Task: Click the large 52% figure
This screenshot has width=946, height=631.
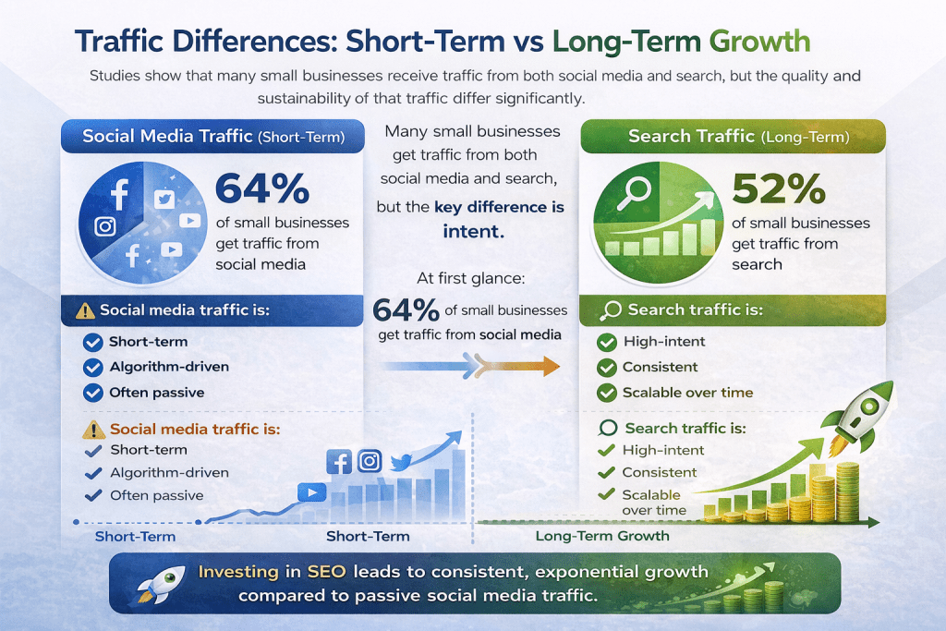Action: pos(778,188)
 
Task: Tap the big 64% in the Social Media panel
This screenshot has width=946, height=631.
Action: pos(261,188)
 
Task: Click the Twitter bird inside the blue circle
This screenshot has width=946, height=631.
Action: pos(164,198)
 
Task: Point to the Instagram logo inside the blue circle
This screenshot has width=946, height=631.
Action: pos(105,226)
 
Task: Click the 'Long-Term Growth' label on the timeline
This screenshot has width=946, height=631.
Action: pos(602,536)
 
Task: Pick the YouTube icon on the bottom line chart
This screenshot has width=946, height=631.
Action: pos(313,492)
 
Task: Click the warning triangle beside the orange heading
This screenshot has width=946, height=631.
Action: pos(93,430)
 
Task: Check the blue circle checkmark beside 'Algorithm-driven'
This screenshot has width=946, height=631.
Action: pos(92,367)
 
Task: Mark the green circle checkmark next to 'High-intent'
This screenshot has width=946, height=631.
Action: pos(607,342)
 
